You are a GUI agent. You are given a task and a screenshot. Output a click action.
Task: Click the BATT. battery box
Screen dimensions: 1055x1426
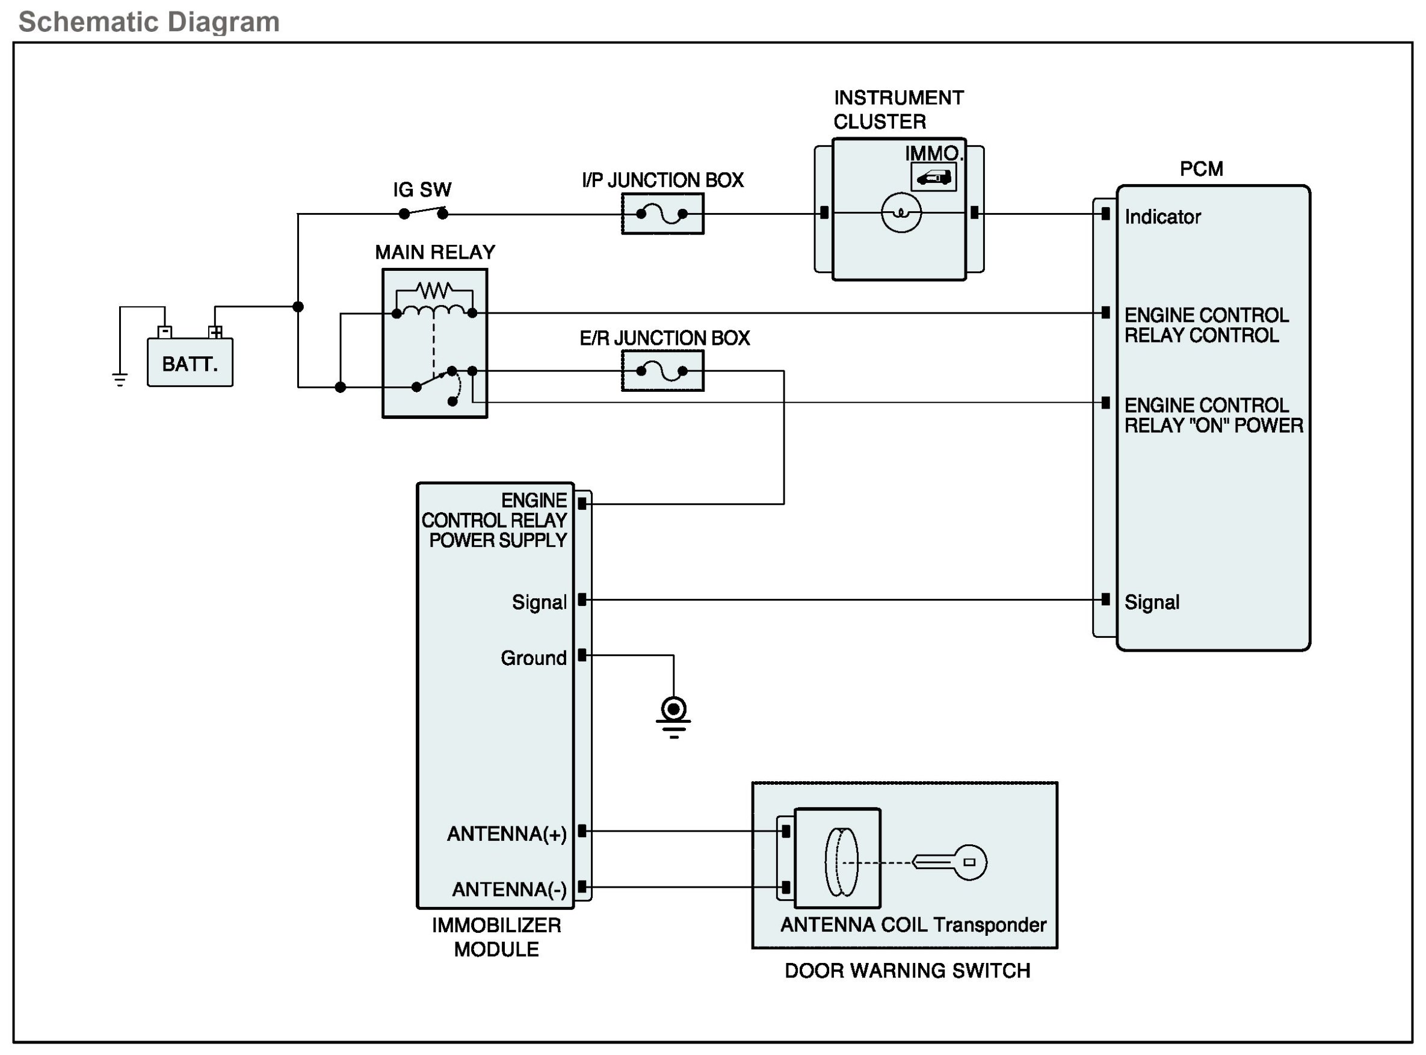click(x=190, y=362)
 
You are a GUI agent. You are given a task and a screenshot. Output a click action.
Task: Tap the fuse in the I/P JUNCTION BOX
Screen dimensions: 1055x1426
click(x=662, y=214)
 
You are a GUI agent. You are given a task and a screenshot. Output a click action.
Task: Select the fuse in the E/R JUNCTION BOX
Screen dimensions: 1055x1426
click(x=662, y=370)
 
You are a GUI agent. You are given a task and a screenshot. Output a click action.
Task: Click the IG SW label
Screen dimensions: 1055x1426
click(x=421, y=190)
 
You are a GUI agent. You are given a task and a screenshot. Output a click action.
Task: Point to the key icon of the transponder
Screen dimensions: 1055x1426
click(x=951, y=862)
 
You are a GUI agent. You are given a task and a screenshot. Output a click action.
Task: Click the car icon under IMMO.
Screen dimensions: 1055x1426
click(x=933, y=178)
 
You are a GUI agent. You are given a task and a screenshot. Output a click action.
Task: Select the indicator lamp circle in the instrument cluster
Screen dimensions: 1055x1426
click(x=901, y=212)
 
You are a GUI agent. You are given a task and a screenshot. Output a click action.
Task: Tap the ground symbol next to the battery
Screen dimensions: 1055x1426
click(x=119, y=379)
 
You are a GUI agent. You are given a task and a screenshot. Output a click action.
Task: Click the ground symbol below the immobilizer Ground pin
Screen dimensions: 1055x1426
click(x=673, y=717)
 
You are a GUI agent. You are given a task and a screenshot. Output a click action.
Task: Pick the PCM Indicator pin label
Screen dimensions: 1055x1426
click(x=1162, y=217)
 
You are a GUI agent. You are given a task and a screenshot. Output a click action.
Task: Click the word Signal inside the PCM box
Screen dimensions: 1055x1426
click(x=1152, y=602)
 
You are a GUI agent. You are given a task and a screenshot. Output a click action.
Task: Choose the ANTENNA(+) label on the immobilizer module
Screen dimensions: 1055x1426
click(x=506, y=834)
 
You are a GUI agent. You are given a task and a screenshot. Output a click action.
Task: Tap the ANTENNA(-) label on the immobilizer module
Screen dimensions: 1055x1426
click(x=509, y=889)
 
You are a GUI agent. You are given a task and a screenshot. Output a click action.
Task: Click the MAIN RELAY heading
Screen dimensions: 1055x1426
click(x=434, y=252)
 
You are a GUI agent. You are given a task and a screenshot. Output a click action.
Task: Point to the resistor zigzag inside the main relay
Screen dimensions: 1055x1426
click(x=434, y=291)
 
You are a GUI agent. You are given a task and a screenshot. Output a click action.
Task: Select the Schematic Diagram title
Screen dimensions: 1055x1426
click(x=149, y=22)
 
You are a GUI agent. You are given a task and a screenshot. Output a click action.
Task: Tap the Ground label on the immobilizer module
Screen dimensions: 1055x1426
click(x=533, y=658)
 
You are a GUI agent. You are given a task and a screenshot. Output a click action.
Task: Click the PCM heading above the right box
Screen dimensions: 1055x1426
click(x=1201, y=169)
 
